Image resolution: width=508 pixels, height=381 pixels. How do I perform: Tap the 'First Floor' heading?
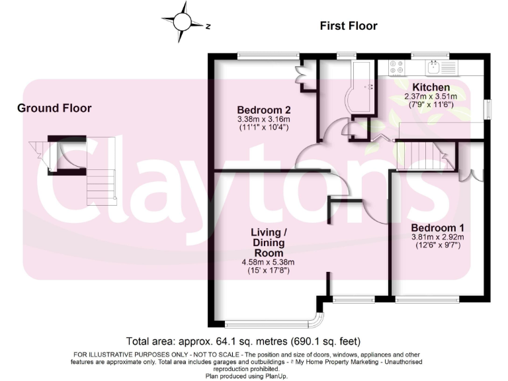(348, 26)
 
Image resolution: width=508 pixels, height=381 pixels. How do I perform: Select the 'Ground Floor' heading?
(54, 108)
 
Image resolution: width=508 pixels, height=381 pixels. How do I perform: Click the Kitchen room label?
(431, 87)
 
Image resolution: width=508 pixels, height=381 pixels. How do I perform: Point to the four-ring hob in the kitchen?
(398, 67)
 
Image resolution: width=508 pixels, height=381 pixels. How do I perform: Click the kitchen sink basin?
(434, 66)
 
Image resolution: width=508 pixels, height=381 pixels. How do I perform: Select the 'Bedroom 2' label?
(264, 110)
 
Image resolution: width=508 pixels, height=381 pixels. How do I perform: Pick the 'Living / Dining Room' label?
(268, 242)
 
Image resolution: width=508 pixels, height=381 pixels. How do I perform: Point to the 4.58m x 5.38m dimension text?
(267, 262)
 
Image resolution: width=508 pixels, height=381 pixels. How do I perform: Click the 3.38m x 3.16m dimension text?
(264, 119)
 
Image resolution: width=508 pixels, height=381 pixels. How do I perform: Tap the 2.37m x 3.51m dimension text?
(431, 97)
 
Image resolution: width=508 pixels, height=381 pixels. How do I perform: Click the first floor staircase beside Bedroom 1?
(423, 157)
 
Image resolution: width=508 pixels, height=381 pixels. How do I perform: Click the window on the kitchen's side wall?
(488, 109)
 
